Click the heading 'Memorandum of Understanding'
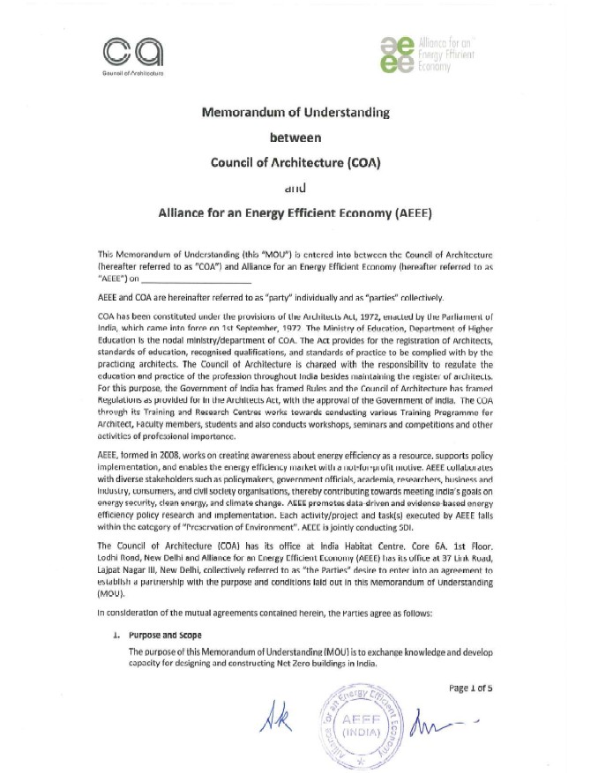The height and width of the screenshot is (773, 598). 297,113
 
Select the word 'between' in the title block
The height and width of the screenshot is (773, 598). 296,138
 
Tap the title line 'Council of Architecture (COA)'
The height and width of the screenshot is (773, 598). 296,162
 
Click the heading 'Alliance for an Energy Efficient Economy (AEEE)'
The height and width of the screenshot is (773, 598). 297,212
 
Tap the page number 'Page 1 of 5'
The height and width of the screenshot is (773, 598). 475,689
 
